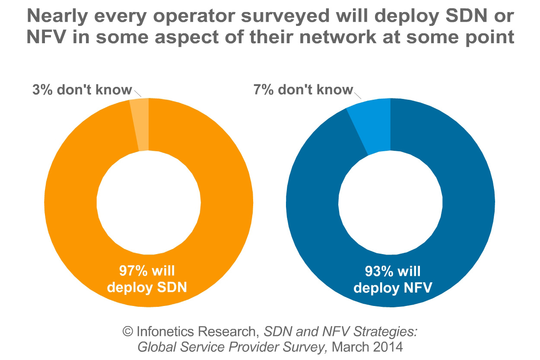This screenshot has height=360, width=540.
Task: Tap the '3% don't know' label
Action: [x=82, y=90]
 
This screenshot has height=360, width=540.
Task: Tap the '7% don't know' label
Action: [x=302, y=90]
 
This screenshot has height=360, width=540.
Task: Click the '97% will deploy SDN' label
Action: [x=147, y=280]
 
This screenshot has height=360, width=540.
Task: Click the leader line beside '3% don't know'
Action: [x=138, y=93]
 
